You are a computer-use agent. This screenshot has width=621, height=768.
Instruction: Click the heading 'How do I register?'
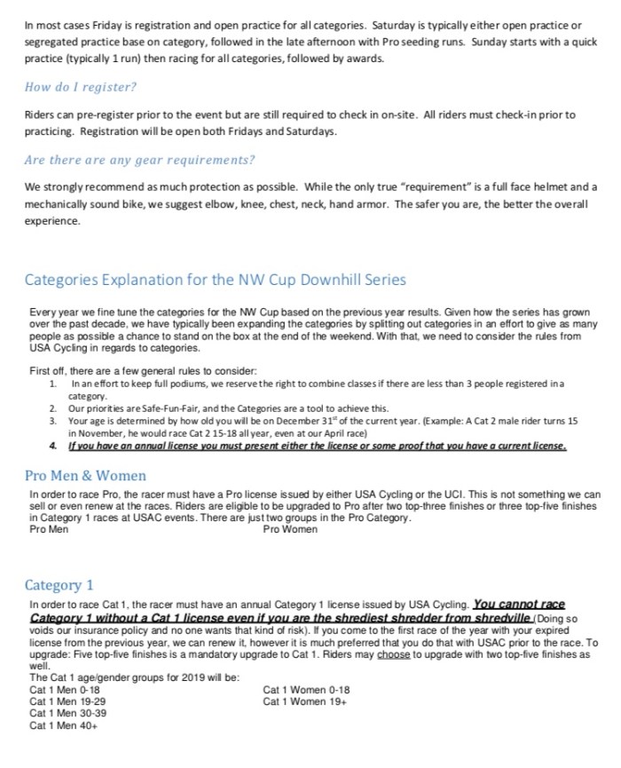pyautogui.click(x=81, y=87)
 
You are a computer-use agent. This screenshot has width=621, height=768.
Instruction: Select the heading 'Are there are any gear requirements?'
pyautogui.click(x=139, y=160)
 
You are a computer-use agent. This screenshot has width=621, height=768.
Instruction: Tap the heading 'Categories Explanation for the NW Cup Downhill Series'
pyautogui.click(x=215, y=280)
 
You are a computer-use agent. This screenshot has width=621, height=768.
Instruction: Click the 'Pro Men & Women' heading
pyautogui.click(x=86, y=475)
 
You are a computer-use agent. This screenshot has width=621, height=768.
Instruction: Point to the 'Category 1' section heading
pyautogui.click(x=59, y=585)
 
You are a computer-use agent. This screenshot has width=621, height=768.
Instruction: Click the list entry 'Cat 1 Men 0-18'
pyautogui.click(x=65, y=689)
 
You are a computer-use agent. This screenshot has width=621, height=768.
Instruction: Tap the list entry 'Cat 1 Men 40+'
pyautogui.click(x=63, y=725)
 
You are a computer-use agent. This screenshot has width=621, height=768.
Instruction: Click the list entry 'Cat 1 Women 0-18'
pyautogui.click(x=306, y=689)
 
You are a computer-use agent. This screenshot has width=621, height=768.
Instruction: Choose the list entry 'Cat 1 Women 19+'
pyautogui.click(x=304, y=701)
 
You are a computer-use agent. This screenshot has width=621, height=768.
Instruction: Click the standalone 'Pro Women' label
pyautogui.click(x=290, y=529)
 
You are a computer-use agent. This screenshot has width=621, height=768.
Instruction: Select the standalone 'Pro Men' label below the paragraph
pyautogui.click(x=49, y=529)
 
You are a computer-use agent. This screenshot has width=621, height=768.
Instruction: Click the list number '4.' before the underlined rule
pyautogui.click(x=54, y=446)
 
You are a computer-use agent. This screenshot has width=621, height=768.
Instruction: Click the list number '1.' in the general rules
pyautogui.click(x=54, y=383)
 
